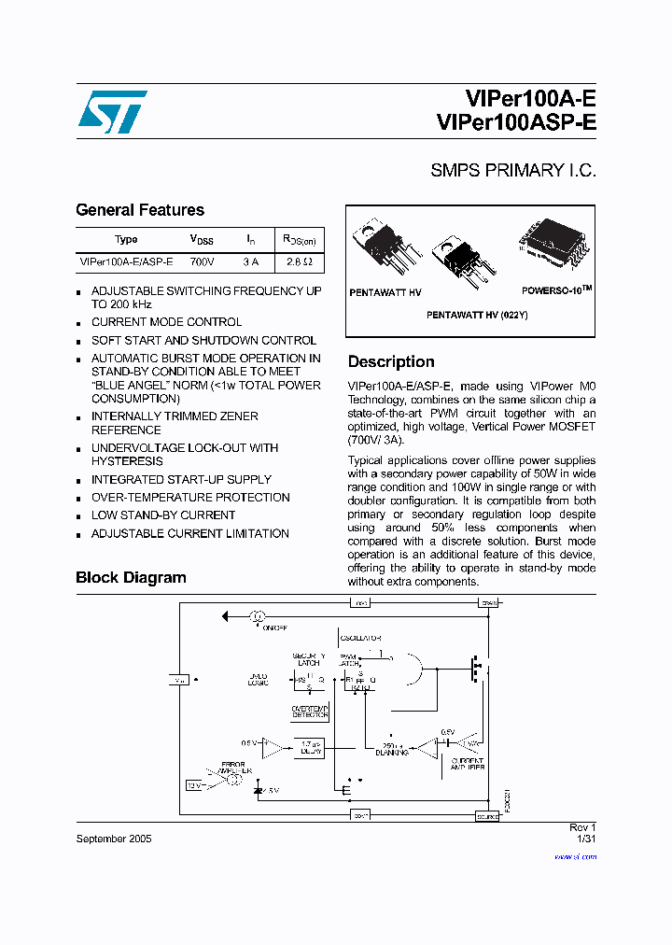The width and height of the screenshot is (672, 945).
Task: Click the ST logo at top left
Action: coord(112,112)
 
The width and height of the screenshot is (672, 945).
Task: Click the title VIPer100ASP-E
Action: coord(515,123)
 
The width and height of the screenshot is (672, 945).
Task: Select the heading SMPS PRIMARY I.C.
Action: coord(512,171)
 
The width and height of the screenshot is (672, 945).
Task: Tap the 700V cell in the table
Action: coord(203,262)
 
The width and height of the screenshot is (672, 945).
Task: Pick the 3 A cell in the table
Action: coord(250,262)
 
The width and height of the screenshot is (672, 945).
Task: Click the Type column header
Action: coord(126,239)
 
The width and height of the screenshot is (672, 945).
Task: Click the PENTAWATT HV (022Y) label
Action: coord(477,316)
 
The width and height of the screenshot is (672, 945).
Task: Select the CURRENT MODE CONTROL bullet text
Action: coord(166,322)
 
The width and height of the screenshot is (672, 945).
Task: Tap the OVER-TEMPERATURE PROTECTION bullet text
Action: coord(190,498)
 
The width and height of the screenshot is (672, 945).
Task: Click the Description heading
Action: coord(391,362)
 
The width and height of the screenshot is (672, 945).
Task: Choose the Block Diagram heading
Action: coord(131,578)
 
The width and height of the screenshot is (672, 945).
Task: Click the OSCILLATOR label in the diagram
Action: coord(359,638)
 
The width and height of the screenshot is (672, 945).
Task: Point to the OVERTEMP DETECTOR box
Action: coord(310,712)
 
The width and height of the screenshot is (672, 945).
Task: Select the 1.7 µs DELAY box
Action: coord(311,747)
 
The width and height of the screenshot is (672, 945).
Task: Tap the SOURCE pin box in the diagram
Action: coord(488,814)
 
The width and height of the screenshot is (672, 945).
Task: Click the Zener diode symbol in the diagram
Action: coord(259,790)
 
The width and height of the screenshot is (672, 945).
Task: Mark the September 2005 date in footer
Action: coord(113,839)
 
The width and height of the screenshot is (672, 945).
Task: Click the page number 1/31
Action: coord(586,839)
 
